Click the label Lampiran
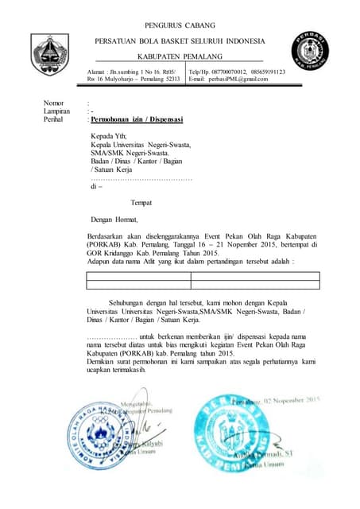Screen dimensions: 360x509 coord(58,111)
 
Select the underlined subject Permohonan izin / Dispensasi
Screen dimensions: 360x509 coord(137,119)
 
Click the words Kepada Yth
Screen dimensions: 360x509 coord(109,136)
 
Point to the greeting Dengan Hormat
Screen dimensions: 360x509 coord(114,220)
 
